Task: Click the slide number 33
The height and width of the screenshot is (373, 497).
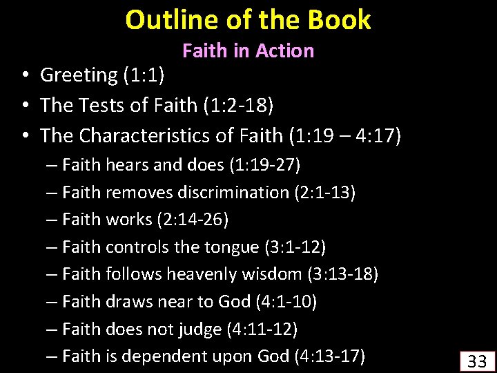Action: pos(476,361)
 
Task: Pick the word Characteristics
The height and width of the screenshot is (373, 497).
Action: pos(147,136)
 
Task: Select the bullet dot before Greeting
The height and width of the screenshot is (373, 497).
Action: pos(23,75)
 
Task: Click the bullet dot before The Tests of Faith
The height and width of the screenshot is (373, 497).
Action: pos(23,106)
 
